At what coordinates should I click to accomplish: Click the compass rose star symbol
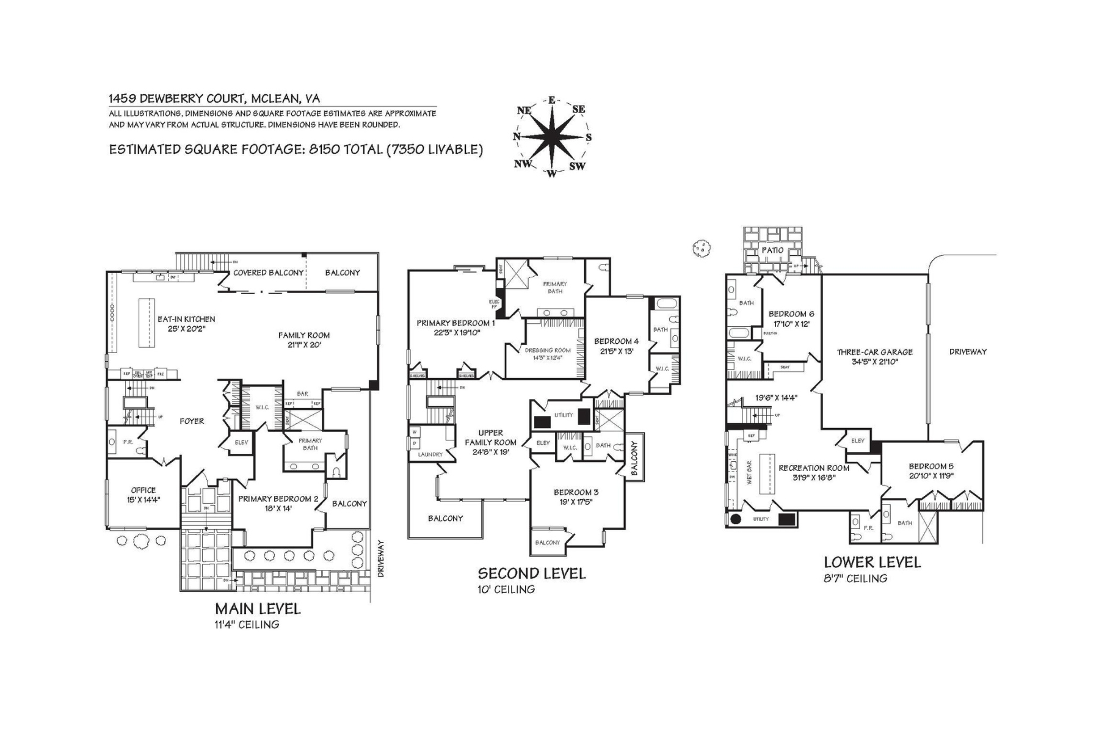point(552,137)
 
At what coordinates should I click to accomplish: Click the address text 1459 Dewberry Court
point(214,98)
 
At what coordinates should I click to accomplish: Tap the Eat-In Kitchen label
point(186,319)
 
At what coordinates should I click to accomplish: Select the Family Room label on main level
point(303,335)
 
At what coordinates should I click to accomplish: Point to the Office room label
point(143,490)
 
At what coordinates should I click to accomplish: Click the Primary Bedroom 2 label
point(278,499)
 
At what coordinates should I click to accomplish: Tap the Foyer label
point(192,421)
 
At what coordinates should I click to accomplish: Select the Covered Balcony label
point(268,272)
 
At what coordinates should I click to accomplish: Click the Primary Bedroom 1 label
point(455,323)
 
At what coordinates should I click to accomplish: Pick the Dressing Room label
point(548,351)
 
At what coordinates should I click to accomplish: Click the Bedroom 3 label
point(576,492)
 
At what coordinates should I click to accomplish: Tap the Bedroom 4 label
point(617,341)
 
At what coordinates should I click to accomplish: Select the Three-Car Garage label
point(874,352)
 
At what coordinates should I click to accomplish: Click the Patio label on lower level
point(772,250)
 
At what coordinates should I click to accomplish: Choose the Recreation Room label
point(813,469)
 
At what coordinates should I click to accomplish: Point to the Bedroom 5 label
point(930,466)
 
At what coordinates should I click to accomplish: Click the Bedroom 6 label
point(791,314)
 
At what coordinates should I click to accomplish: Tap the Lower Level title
point(872,562)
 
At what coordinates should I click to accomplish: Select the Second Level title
point(531,574)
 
